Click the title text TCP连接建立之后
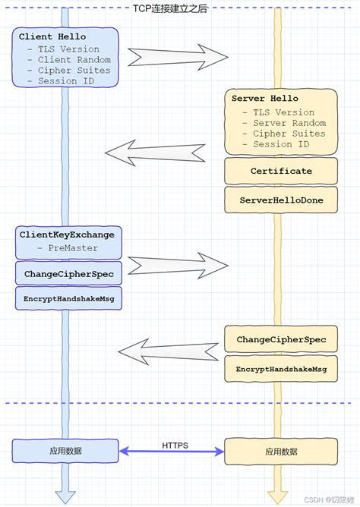(x=179, y=7)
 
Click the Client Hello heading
(x=52, y=36)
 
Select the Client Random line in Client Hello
(x=68, y=59)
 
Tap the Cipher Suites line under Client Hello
(x=68, y=70)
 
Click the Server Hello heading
(x=264, y=99)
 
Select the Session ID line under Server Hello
(x=281, y=144)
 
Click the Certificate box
(x=281, y=172)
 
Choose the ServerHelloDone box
(x=281, y=199)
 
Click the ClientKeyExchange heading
(x=67, y=235)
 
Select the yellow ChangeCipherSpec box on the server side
(x=281, y=339)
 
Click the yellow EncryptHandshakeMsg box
(x=281, y=369)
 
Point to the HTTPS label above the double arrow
(x=175, y=445)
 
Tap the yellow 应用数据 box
(x=281, y=451)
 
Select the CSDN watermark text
(x=327, y=499)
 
